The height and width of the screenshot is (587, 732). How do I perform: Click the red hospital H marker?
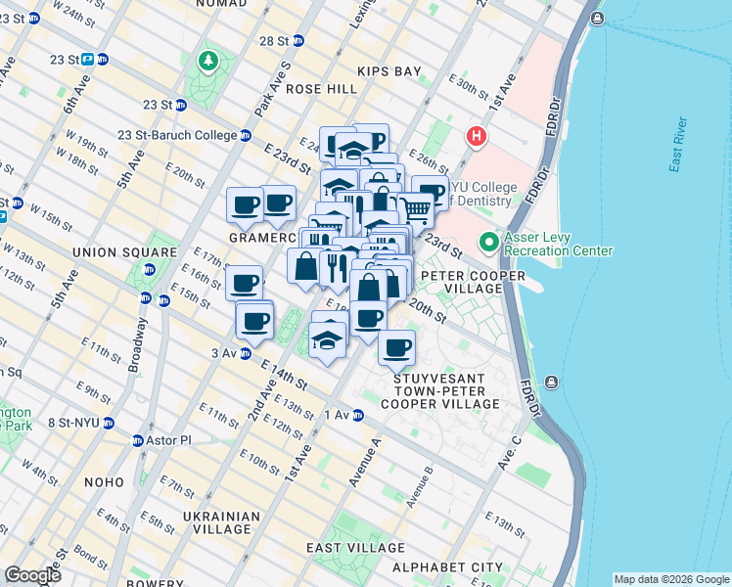[477, 136]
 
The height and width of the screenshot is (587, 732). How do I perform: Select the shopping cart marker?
[416, 207]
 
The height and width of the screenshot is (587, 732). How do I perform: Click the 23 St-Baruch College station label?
[184, 135]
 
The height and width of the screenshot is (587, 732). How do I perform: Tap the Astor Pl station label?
[161, 440]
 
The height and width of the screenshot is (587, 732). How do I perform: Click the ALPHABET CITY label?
[447, 567]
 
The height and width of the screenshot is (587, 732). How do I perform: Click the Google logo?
[32, 575]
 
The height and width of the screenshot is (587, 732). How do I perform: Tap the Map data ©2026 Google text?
[671, 579]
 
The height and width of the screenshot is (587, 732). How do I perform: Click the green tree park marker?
[208, 63]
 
